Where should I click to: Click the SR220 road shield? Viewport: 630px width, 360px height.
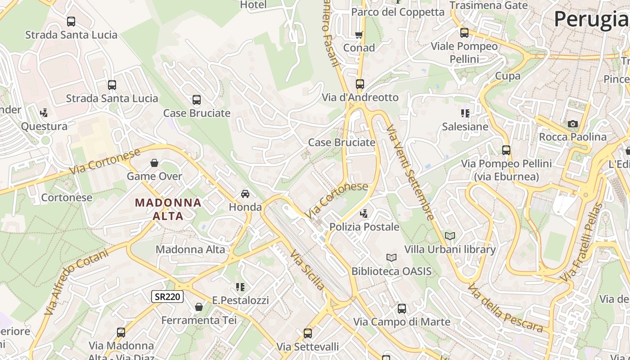167,297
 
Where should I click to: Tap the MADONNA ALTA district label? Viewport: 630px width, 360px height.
168,209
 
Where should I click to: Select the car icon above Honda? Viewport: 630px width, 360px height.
245,194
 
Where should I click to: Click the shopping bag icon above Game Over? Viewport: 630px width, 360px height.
154,163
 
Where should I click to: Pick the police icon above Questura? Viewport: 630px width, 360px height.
44,113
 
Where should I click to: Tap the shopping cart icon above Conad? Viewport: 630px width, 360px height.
359,35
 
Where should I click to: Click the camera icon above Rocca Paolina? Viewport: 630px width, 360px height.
572,124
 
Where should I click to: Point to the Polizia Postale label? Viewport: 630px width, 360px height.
364,227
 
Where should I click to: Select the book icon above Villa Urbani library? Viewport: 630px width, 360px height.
450,236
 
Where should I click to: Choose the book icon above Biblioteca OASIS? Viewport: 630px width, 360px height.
391,258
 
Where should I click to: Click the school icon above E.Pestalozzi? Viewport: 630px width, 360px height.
240,287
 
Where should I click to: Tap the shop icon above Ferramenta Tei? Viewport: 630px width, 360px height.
198,307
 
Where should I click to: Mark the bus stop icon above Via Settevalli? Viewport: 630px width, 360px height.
307,333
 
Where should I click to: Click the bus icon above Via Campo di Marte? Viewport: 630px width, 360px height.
401,309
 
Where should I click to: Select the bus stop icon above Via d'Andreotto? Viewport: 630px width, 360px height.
360,84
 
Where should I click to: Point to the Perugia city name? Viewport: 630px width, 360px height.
591,19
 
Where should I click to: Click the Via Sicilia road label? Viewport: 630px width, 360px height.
307,270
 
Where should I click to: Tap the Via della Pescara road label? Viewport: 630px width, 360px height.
505,308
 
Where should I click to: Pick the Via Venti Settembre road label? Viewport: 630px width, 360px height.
410,173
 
